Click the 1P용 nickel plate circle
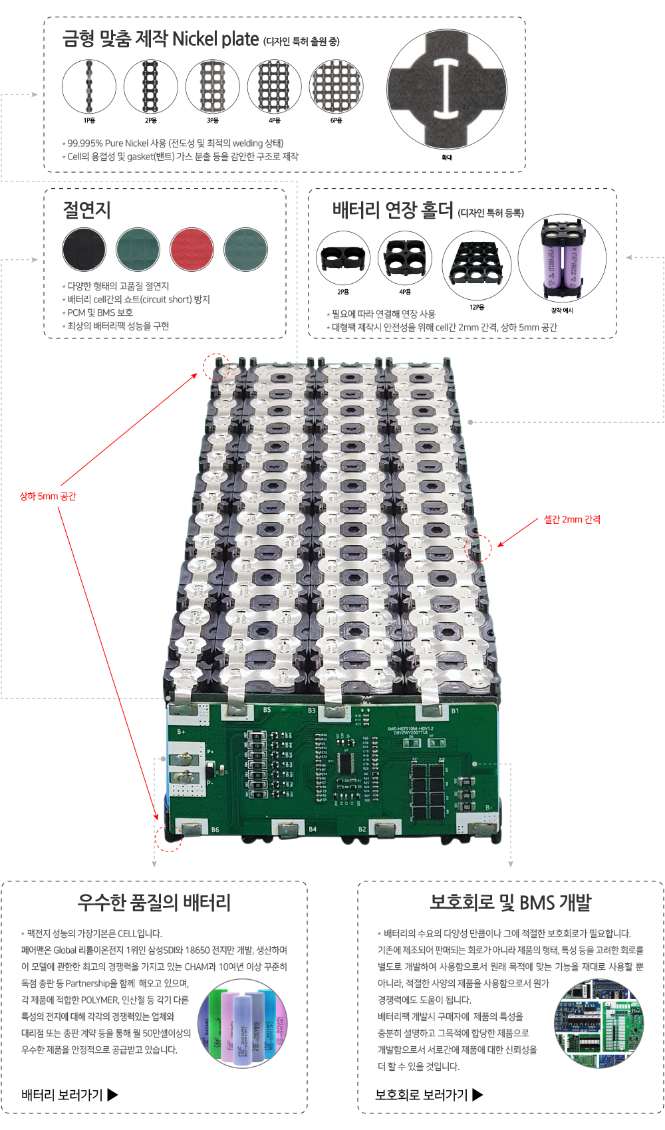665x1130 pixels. pos(89,87)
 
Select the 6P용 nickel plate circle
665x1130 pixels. pos(336,87)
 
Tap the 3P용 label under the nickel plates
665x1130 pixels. pos(213,121)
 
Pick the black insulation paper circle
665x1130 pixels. pos(84,250)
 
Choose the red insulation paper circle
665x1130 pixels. pos(192,250)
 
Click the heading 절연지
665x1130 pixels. pos(87,210)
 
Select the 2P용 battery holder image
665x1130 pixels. pos(343,258)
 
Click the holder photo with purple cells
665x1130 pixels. pos(563,259)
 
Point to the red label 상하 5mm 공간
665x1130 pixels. pos(48,497)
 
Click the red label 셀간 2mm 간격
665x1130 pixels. pos(572,520)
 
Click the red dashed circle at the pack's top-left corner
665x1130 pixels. pos(216,366)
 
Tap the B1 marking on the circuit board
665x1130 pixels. pos(455,711)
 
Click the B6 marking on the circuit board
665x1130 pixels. pos(215,830)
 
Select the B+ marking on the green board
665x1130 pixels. pos(181,732)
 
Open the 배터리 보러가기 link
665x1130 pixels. pos(70,1095)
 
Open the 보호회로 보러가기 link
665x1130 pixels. pos(429,1095)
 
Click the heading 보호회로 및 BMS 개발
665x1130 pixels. pos(510,903)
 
